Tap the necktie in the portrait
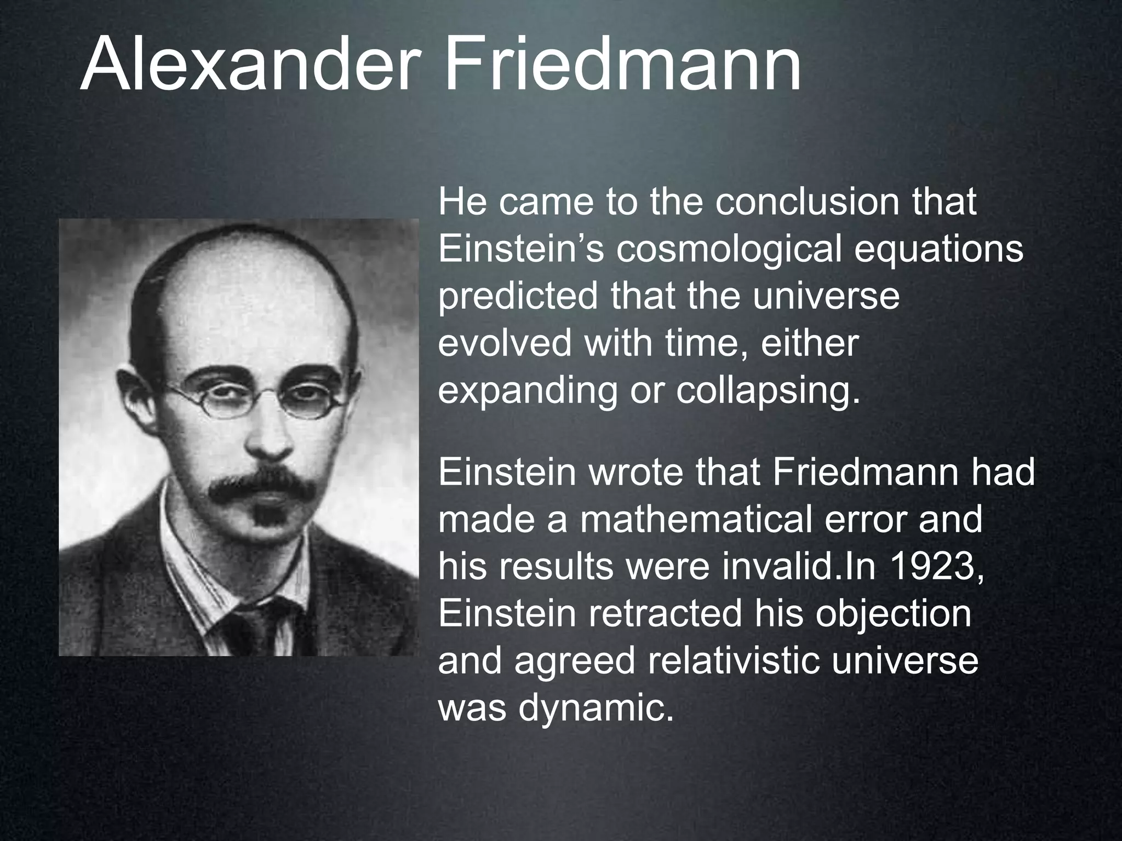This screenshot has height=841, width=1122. pos(247,630)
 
